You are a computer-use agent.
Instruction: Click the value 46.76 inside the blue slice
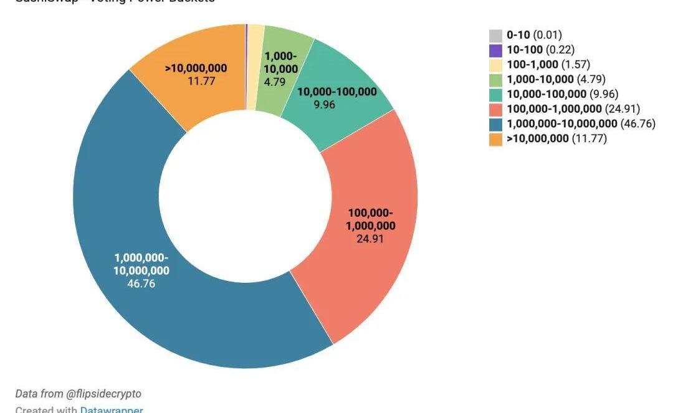pyautogui.click(x=141, y=284)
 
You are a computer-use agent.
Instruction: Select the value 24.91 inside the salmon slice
pyautogui.click(x=370, y=238)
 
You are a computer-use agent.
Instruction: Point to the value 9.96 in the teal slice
pyautogui.click(x=325, y=105)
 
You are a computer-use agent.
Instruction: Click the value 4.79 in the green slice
pyautogui.click(x=274, y=82)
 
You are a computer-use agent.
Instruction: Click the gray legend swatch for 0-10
pyautogui.click(x=495, y=36)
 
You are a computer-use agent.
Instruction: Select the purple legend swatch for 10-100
pyautogui.click(x=495, y=50)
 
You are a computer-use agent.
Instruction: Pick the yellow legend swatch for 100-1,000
pyautogui.click(x=495, y=65)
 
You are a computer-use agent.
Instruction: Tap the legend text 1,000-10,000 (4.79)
pyautogui.click(x=556, y=79)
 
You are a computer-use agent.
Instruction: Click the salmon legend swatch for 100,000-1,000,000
pyautogui.click(x=495, y=109)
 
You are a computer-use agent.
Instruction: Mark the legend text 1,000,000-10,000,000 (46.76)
pyautogui.click(x=581, y=123)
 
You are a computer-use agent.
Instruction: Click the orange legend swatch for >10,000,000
pyautogui.click(x=495, y=138)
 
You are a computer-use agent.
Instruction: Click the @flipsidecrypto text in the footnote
pyautogui.click(x=103, y=394)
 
